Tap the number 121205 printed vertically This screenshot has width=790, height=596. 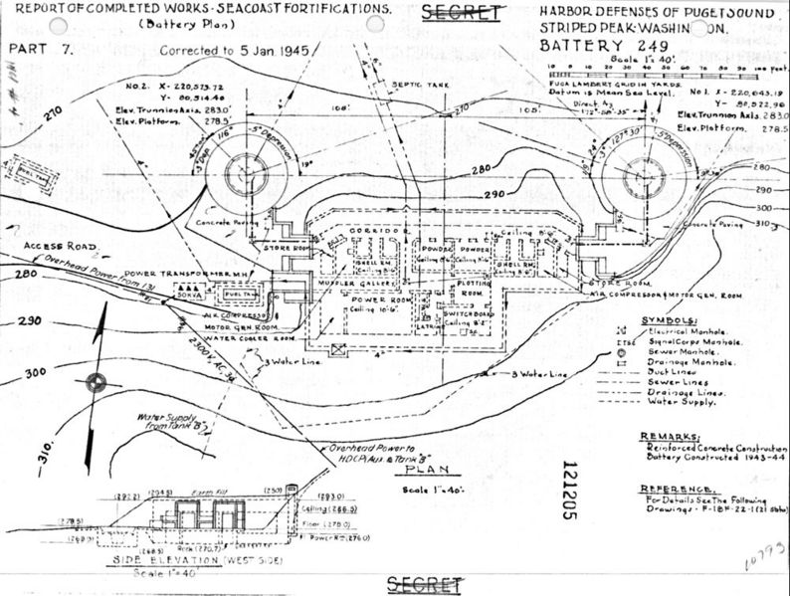point(569,492)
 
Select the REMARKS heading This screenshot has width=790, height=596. point(662,434)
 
